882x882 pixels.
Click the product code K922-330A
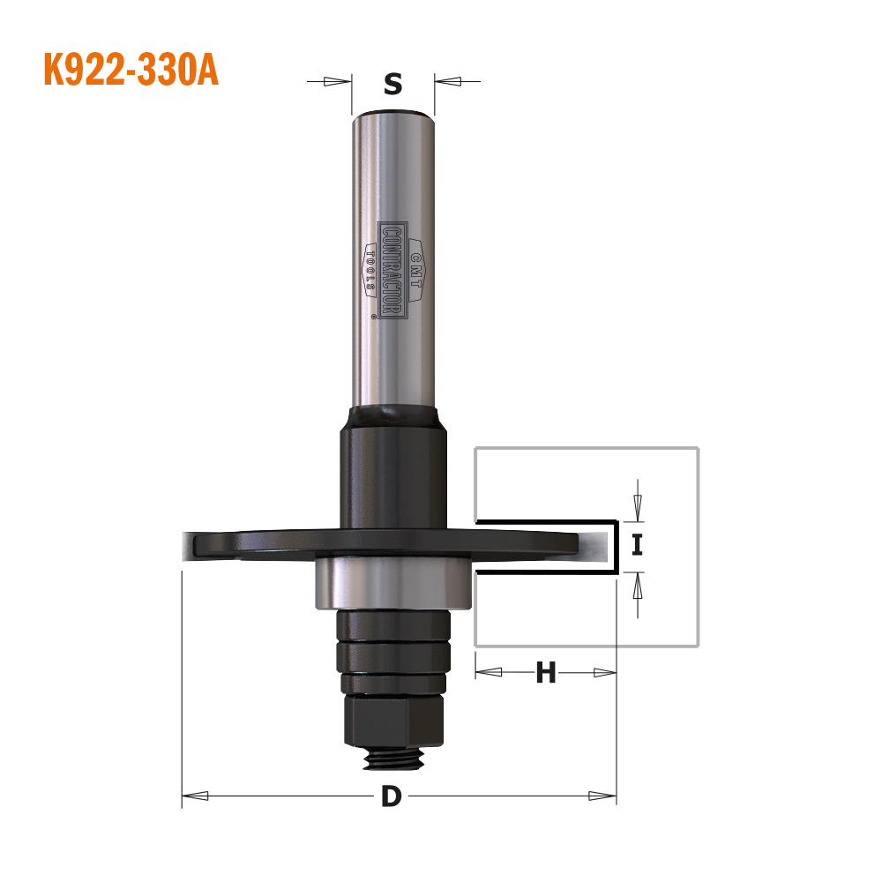131,70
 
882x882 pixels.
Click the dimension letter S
393,84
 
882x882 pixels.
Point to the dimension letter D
392,796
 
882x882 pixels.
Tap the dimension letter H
546,672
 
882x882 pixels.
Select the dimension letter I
637,544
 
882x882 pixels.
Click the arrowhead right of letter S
448,81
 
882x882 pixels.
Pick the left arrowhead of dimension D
195,796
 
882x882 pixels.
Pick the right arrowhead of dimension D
602,796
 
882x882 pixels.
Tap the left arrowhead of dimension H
489,672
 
